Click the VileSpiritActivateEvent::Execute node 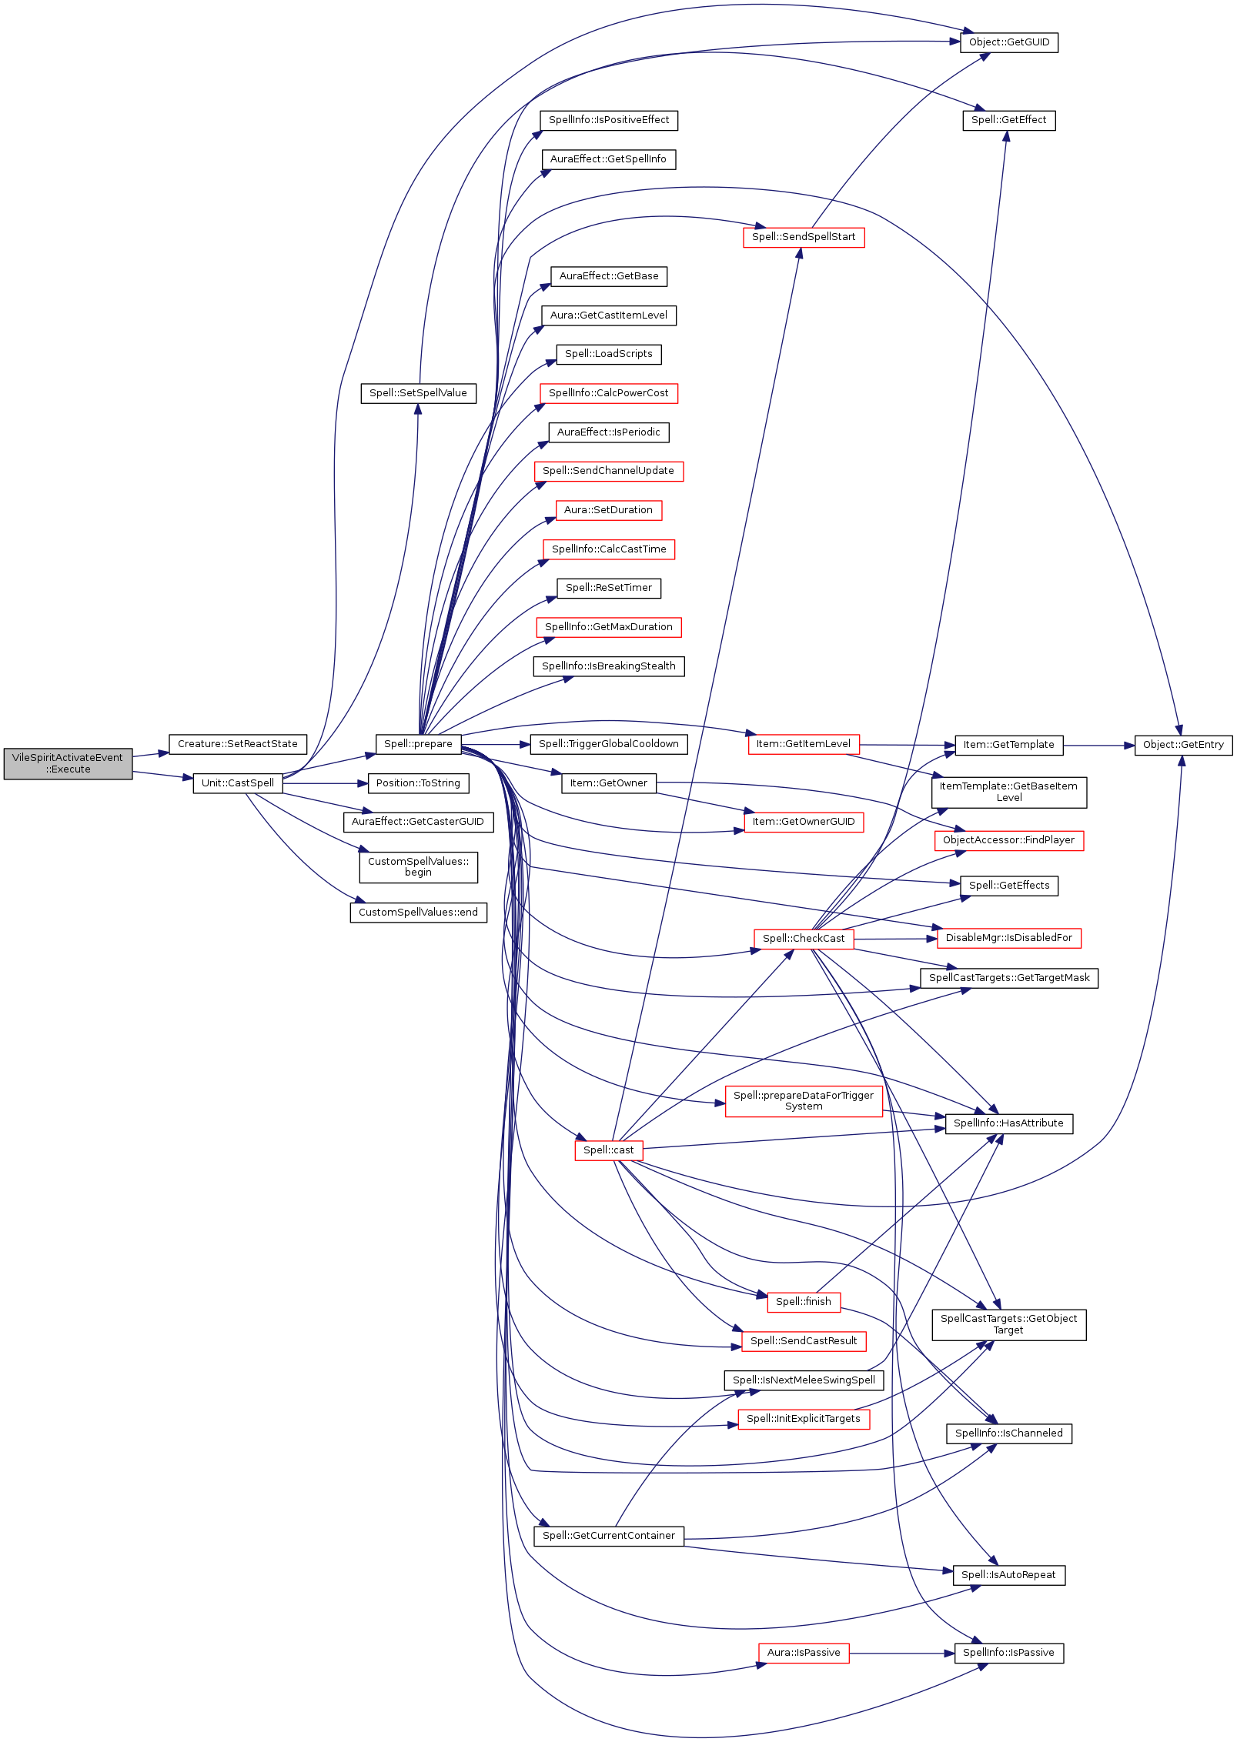(68, 763)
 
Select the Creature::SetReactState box (238, 744)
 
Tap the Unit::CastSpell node (238, 783)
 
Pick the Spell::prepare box (419, 744)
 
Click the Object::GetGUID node (1009, 42)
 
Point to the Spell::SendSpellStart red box (804, 237)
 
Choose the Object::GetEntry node (1183, 745)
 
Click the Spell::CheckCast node (804, 939)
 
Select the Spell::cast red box (609, 1150)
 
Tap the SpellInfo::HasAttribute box (1008, 1123)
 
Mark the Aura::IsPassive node (804, 1653)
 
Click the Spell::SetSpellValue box (419, 393)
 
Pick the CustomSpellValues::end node (419, 913)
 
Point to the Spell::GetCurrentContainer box (609, 1536)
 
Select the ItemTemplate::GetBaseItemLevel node (1009, 793)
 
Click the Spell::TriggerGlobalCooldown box (609, 744)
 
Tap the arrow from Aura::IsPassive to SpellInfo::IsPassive (902, 1653)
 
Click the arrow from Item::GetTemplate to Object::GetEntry (1099, 746)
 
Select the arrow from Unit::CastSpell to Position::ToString (326, 783)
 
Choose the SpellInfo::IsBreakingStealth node (609, 666)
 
